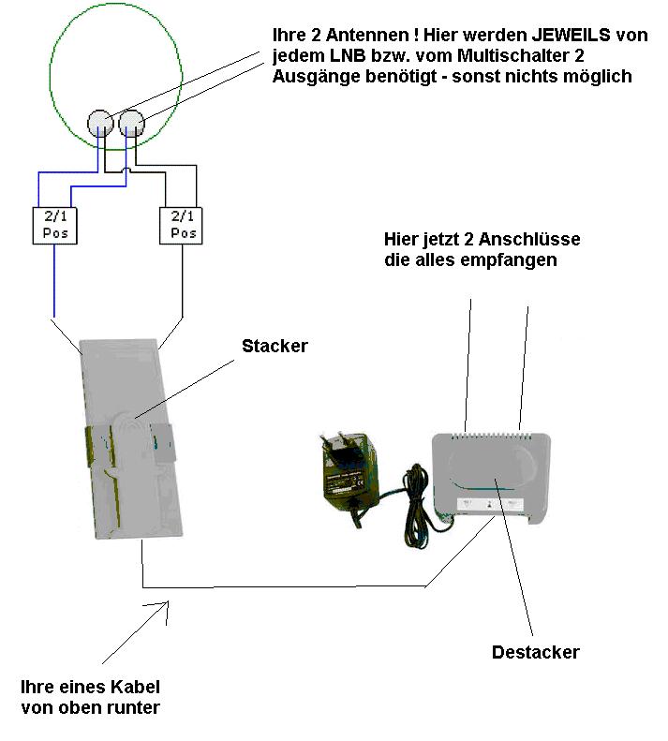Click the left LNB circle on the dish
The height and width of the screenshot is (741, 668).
[x=100, y=123]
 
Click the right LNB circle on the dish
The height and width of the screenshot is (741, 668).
[x=131, y=122]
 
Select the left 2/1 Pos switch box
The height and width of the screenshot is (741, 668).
[x=53, y=225]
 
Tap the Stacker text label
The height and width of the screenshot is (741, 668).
[x=275, y=347]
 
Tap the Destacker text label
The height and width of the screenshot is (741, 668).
[x=535, y=652]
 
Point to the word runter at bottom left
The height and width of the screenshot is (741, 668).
[x=136, y=706]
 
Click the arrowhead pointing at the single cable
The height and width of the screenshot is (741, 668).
[x=168, y=608]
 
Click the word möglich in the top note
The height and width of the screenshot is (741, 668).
[x=601, y=77]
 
